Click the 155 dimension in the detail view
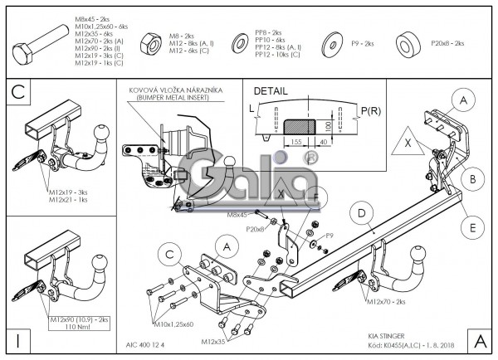coord(296,140)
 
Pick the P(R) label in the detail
coord(372,109)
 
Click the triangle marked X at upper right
coord(407,142)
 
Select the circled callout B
coord(472,177)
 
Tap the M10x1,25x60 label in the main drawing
coord(173,324)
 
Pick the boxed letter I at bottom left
coord(17,340)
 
